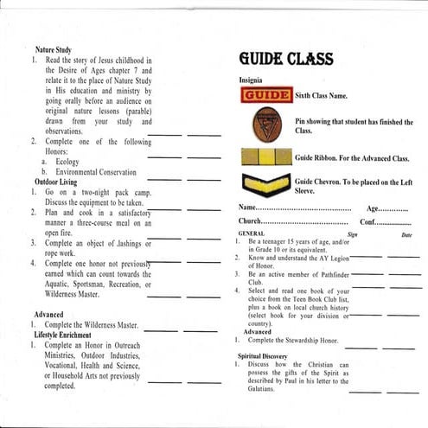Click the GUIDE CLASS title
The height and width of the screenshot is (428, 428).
286,60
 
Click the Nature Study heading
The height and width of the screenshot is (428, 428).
54,51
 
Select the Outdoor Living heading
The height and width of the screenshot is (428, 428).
59,182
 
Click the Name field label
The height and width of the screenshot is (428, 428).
248,209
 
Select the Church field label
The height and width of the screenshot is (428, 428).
252,221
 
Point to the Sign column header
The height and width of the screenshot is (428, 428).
352,233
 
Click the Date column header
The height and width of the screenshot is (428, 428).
406,233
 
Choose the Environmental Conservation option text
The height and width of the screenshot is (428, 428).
97,172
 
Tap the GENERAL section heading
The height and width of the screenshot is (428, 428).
251,233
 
